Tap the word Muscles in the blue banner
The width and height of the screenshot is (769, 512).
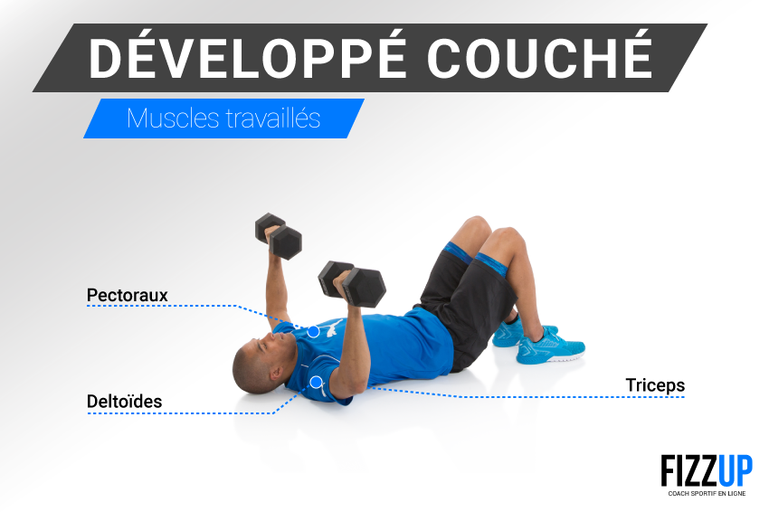(x=173, y=119)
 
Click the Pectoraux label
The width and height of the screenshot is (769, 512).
(x=127, y=295)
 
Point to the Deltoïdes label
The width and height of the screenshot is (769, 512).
(x=124, y=402)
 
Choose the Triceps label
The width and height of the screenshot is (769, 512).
(x=655, y=385)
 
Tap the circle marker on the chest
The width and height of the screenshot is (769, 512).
(x=313, y=332)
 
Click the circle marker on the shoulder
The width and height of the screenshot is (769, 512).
(x=317, y=382)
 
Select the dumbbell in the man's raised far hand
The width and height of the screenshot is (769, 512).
(x=278, y=236)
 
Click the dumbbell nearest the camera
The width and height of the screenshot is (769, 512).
(x=352, y=284)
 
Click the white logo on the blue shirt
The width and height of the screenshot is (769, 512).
(x=333, y=327)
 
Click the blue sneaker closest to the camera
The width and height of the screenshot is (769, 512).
(x=550, y=346)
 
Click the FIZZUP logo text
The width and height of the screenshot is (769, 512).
(x=707, y=470)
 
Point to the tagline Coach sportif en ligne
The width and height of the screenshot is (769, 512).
(x=707, y=493)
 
